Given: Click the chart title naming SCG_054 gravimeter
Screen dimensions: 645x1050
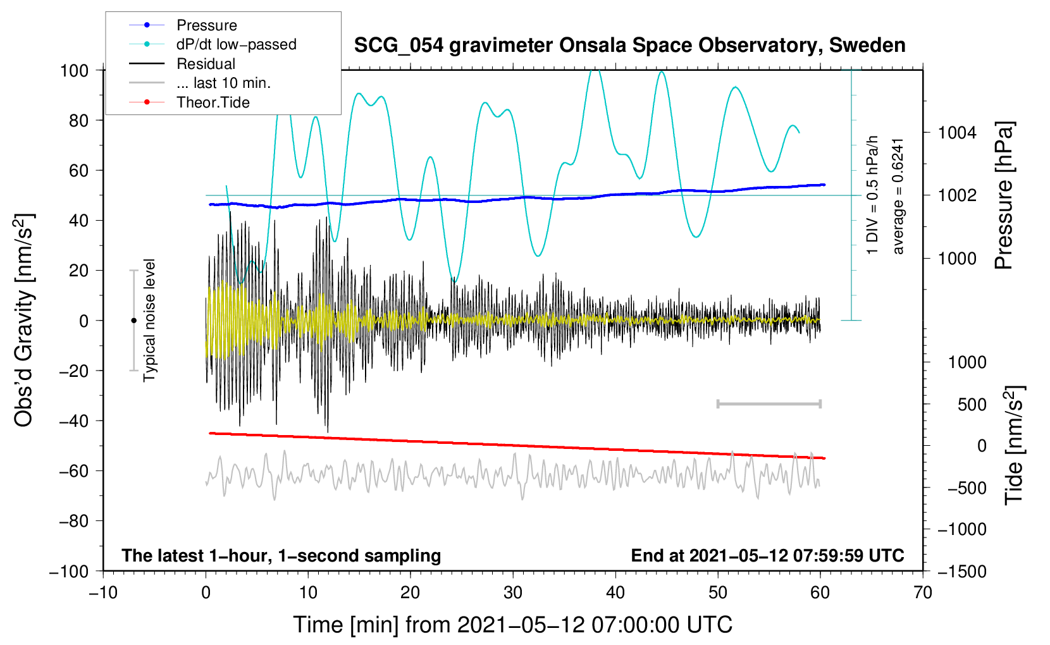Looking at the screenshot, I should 629,46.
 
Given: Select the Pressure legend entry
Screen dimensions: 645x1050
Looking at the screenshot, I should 206,25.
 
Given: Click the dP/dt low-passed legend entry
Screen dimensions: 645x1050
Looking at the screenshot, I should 236,44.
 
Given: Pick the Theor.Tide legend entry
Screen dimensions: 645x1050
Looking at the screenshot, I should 213,102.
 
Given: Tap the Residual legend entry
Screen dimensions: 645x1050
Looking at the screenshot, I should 206,64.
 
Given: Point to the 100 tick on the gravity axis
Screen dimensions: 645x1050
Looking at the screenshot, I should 75,70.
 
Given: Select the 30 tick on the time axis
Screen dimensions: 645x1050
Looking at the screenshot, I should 513,593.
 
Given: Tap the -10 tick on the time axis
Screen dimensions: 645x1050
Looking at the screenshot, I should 103,593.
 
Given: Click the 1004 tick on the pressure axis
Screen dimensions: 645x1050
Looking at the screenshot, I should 956,133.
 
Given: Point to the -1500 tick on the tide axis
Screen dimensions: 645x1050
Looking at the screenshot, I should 961,572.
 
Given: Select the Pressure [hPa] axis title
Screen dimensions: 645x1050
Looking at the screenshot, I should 1004,196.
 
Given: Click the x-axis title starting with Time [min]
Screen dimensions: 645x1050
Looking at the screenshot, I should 513,625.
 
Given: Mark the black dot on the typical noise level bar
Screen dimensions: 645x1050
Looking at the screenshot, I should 133,321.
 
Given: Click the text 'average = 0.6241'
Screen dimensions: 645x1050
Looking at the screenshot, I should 898,196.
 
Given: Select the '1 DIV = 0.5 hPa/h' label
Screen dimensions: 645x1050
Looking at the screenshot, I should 873,195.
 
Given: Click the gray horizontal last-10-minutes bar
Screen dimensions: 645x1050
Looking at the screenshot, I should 769,403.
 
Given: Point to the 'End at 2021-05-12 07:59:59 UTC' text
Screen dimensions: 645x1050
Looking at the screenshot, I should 767,556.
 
